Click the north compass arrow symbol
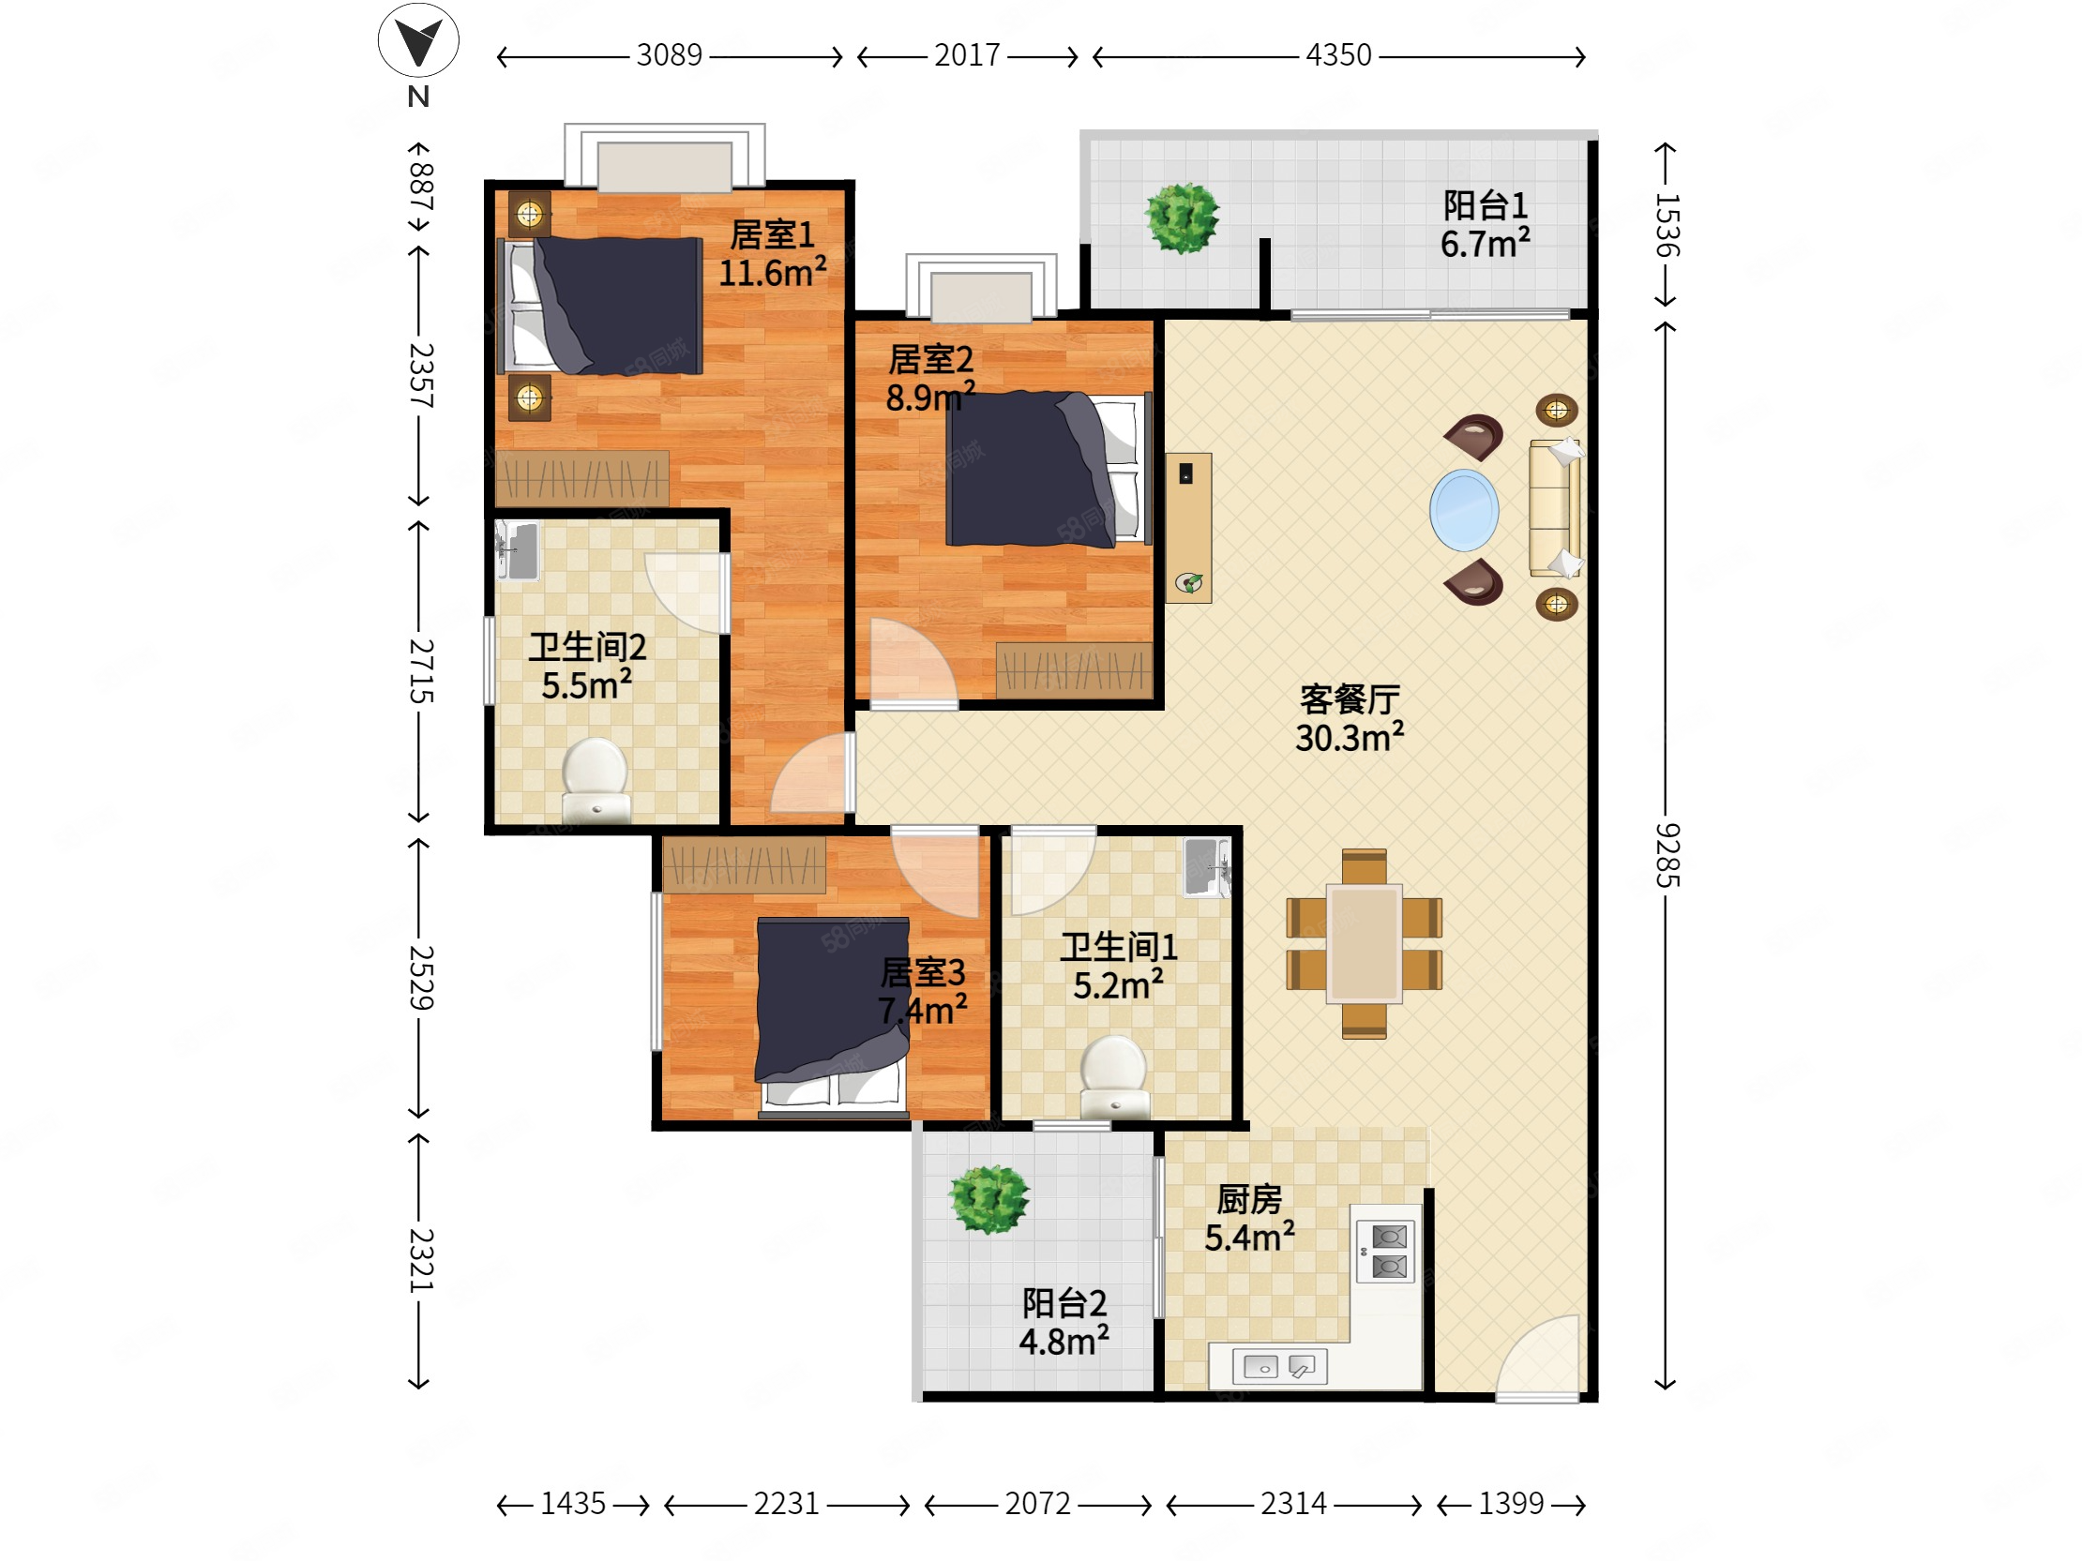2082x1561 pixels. [418, 40]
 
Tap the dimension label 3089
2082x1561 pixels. [670, 55]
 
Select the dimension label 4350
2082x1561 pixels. [1338, 55]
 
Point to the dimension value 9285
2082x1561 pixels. [1667, 854]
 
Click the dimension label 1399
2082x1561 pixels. [1511, 1504]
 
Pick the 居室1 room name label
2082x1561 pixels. [773, 235]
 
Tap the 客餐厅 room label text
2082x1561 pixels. [1350, 699]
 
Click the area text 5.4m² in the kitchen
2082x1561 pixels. [1250, 1237]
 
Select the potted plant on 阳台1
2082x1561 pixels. [1183, 218]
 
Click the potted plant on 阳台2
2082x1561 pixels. [989, 1199]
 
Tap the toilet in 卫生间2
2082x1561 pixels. [595, 779]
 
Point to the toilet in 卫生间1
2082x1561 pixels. [1114, 1076]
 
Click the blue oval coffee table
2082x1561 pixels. [1464, 510]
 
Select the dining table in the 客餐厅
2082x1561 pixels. [1364, 944]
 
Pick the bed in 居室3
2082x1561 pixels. [832, 1016]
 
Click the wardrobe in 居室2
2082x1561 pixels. [1074, 670]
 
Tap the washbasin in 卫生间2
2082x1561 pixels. [518, 550]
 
